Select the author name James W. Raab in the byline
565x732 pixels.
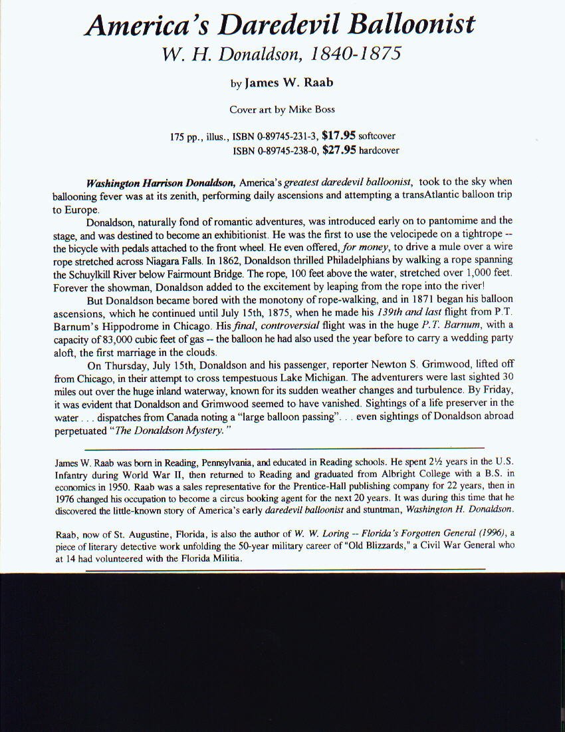click(288, 83)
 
